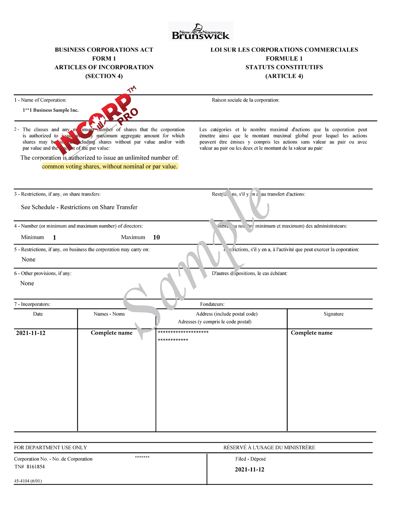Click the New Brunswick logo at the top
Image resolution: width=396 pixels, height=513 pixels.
tap(201, 32)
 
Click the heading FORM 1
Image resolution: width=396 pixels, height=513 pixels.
tap(104, 58)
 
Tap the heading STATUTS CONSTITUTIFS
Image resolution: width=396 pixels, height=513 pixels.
tap(284, 67)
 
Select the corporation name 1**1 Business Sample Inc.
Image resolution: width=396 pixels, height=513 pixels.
tap(50, 110)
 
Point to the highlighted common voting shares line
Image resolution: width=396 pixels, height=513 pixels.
tap(110, 166)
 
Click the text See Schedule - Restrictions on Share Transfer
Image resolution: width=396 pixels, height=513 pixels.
tap(79, 207)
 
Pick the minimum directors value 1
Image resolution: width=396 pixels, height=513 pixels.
tap(54, 238)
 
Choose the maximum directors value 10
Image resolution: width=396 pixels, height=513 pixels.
tap(156, 238)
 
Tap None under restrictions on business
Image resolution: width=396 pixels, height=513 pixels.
tap(28, 260)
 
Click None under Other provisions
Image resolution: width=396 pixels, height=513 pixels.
tap(27, 283)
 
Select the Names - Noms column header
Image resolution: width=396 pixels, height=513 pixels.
tap(109, 314)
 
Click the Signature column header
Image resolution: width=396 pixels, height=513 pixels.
tap(333, 314)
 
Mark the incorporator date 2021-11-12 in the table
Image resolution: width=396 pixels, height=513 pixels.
tap(31, 333)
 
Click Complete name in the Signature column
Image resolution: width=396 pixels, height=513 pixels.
tap(312, 333)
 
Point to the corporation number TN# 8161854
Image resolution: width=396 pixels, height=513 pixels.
tap(29, 467)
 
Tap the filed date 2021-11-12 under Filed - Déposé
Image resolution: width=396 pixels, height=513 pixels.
tap(249, 470)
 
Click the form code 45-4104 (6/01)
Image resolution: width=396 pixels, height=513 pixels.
tap(28, 481)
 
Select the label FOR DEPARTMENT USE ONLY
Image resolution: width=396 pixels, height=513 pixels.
tap(50, 448)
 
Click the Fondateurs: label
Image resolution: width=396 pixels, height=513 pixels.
tap(212, 304)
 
